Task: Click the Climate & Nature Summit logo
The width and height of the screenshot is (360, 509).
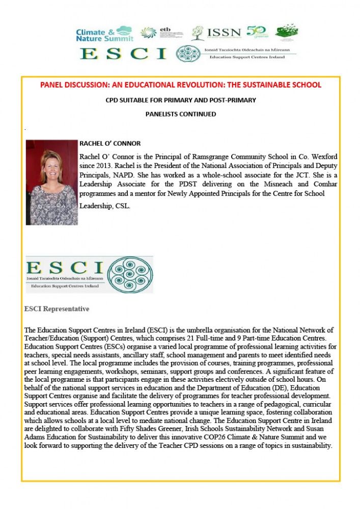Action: coord(104,34)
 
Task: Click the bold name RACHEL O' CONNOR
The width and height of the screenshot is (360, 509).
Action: coord(110,144)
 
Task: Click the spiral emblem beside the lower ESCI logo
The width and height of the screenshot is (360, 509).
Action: coord(130,274)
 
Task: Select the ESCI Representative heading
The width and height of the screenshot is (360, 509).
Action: coord(57,309)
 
